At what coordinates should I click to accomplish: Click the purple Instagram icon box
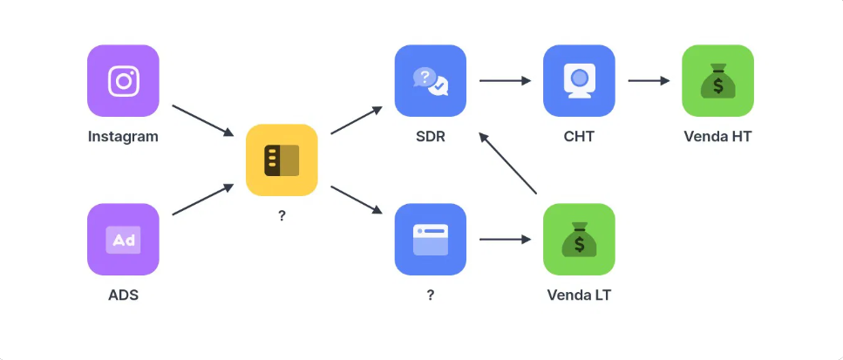123,81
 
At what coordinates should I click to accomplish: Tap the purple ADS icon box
123,239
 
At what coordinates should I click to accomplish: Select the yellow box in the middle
282,160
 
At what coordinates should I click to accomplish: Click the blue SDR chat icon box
431,81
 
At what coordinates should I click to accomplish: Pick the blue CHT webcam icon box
579,81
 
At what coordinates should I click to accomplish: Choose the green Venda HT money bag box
717,81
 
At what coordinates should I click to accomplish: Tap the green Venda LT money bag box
579,239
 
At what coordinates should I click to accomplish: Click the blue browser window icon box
431,239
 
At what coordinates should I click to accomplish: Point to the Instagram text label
123,137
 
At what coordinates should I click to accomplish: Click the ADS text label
123,295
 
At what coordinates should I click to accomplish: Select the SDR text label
431,137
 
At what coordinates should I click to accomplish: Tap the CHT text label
579,137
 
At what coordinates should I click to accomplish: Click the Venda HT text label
717,137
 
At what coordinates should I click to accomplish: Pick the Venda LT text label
579,295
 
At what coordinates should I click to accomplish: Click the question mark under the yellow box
282,215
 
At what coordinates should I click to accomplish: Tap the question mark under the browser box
431,295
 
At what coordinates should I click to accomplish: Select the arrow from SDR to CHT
505,81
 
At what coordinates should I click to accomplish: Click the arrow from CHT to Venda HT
649,81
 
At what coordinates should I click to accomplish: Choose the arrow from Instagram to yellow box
203,121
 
